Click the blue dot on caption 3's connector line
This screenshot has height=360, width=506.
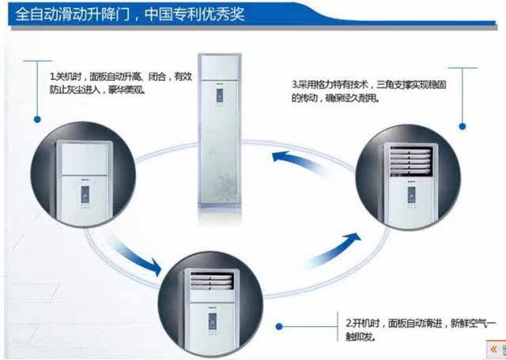point(464,122)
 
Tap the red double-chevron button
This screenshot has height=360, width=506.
point(493,348)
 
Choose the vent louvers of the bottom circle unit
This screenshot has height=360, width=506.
point(210,282)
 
